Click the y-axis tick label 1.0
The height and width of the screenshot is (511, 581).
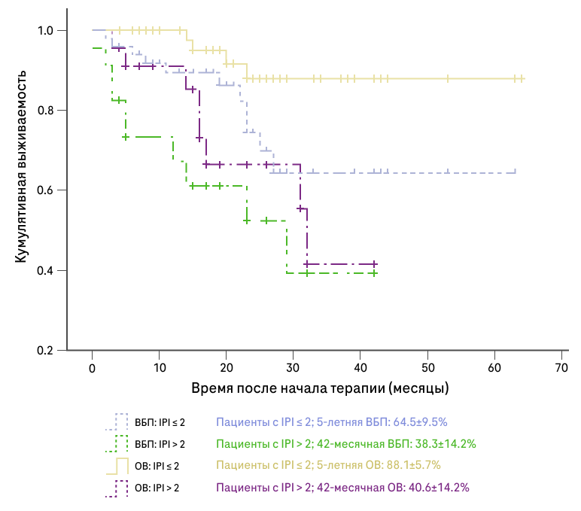pyautogui.click(x=47, y=31)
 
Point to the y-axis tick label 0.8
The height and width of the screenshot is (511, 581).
pyautogui.click(x=47, y=111)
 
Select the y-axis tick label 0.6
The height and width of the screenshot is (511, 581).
pyautogui.click(x=47, y=190)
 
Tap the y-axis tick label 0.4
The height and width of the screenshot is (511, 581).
pyautogui.click(x=47, y=271)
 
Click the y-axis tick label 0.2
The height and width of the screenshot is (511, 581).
pyautogui.click(x=47, y=351)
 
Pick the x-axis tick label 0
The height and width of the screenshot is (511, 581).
pyautogui.click(x=92, y=368)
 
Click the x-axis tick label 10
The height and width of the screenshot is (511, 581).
pyautogui.click(x=159, y=368)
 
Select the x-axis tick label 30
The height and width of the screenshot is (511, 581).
pyautogui.click(x=293, y=368)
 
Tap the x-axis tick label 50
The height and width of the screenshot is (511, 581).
pyautogui.click(x=427, y=368)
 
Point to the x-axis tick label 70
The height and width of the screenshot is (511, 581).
pyautogui.click(x=561, y=368)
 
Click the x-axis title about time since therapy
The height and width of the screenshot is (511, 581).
pyautogui.click(x=320, y=389)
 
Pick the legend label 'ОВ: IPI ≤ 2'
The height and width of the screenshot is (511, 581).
pyautogui.click(x=157, y=466)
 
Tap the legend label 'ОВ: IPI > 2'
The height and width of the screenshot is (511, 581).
pyautogui.click(x=157, y=488)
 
